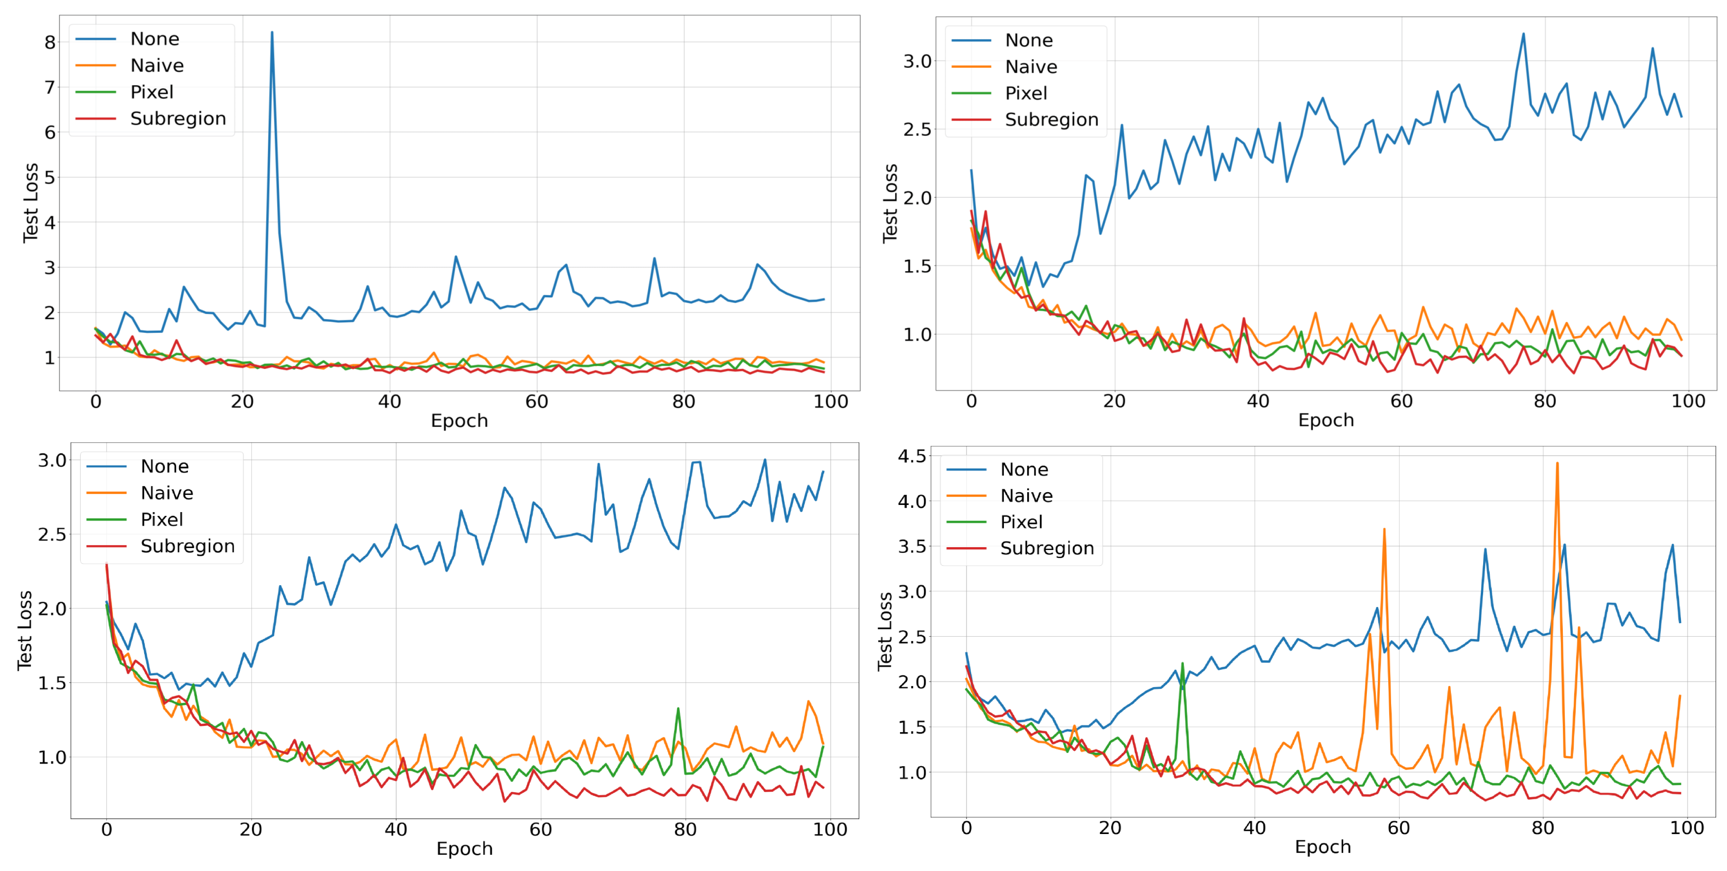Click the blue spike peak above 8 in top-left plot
pyautogui.click(x=271, y=33)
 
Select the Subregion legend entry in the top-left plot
pyautogui.click(x=177, y=119)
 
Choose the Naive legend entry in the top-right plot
pyautogui.click(x=1031, y=67)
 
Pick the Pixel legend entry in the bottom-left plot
pyautogui.click(x=162, y=519)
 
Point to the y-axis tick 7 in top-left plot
pyautogui.click(x=50, y=87)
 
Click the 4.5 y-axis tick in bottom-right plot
pyautogui.click(x=912, y=456)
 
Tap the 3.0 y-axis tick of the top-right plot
pyautogui.click(x=917, y=61)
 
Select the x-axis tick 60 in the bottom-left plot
pyautogui.click(x=540, y=829)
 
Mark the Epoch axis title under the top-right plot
pyautogui.click(x=1326, y=420)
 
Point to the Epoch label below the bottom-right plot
pyautogui.click(x=1322, y=847)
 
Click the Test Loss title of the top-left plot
pyautogui.click(x=30, y=202)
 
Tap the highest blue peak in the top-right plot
pyautogui.click(x=1523, y=34)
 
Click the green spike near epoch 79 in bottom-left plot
pyautogui.click(x=678, y=709)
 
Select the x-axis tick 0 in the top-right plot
pyautogui.click(x=971, y=401)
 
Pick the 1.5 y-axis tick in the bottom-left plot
pyautogui.click(x=52, y=683)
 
